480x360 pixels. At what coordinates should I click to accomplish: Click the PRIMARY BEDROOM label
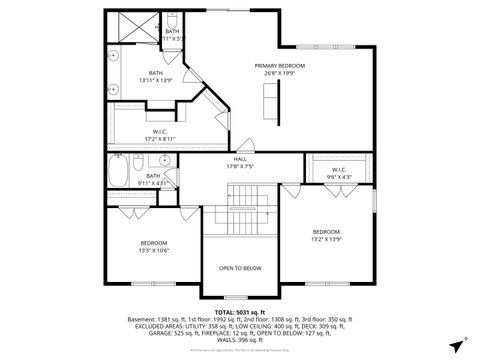[x=279, y=66]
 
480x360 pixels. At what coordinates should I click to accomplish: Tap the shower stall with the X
[x=131, y=27]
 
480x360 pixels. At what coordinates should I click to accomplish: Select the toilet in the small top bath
[x=172, y=22]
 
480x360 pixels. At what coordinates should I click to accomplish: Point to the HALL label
[x=240, y=159]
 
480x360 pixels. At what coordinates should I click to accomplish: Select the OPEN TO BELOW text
[x=240, y=268]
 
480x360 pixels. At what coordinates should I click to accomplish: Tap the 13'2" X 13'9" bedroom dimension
[x=326, y=239]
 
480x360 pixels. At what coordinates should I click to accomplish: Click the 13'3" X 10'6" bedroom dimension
[x=153, y=250]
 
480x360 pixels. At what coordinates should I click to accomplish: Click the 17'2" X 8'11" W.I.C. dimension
[x=159, y=138]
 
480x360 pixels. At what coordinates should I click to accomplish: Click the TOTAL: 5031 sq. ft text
[x=240, y=312]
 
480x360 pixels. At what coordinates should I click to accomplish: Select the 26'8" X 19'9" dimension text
[x=279, y=73]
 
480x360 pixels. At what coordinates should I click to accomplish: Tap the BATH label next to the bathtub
[x=153, y=176]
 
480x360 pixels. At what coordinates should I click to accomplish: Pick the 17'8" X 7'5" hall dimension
[x=240, y=166]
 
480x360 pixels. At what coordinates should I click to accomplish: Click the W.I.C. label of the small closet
[x=338, y=169]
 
